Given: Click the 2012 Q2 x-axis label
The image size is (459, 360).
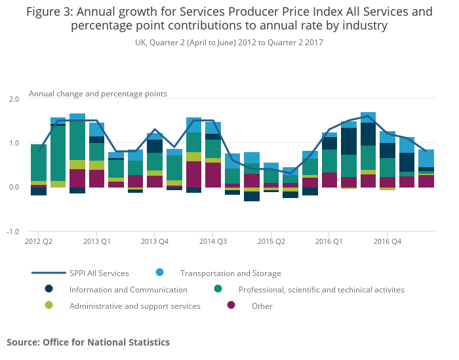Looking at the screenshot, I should click(39, 241).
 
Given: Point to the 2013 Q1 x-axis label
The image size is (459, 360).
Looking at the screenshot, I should click(96, 241).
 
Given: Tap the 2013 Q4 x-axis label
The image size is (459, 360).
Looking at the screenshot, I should click(154, 241).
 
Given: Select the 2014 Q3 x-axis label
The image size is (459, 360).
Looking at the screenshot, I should click(212, 241).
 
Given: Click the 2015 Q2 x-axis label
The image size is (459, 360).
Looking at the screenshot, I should click(271, 241).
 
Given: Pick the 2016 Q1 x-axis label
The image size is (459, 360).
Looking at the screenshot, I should click(329, 241).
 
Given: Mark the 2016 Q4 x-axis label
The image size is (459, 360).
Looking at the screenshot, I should click(387, 241).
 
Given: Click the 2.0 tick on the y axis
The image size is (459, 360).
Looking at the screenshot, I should click(13, 98).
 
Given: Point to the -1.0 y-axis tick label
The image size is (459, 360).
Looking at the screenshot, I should click(12, 231).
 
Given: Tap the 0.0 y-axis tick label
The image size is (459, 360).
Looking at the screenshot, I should click(13, 187).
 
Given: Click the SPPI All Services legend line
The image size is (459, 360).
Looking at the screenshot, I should click(49, 273).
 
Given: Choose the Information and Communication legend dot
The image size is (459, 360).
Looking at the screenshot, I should click(49, 289).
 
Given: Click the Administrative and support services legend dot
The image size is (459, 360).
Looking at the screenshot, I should click(49, 305).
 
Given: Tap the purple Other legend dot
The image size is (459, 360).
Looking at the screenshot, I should click(231, 305).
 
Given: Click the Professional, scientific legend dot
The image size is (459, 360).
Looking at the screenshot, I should click(218, 289).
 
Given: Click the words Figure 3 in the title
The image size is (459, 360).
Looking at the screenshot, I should click(49, 12).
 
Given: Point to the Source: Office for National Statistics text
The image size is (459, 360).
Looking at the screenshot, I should click(88, 342).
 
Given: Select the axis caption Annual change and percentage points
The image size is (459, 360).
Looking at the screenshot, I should click(98, 94).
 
